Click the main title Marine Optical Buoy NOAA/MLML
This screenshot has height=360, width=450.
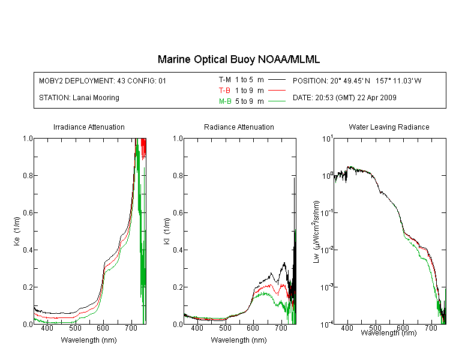click(238, 59)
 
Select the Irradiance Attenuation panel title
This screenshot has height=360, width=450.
click(89, 127)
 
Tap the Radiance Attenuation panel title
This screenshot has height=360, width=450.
click(239, 127)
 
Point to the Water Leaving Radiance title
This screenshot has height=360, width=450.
click(389, 127)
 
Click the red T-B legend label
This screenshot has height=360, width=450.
click(224, 91)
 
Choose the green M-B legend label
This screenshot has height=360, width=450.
click(225, 101)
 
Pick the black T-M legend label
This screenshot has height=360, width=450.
click(225, 80)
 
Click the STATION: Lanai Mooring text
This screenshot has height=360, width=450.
click(79, 98)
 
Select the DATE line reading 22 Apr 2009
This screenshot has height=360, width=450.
click(344, 98)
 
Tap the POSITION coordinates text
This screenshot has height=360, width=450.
click(357, 80)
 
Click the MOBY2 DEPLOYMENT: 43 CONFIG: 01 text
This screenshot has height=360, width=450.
click(103, 80)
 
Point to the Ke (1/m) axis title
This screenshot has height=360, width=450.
click(17, 231)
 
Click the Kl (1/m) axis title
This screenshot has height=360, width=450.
click(167, 231)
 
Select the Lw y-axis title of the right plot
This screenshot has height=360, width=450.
click(316, 232)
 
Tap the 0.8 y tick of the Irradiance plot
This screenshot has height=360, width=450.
click(28, 175)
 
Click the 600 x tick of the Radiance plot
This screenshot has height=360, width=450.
click(253, 328)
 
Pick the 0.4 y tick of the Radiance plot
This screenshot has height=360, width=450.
click(178, 250)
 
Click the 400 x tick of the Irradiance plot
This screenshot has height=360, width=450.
click(47, 328)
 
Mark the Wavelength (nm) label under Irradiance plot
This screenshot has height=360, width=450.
click(89, 340)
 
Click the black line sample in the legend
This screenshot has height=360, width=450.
click(277, 80)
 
